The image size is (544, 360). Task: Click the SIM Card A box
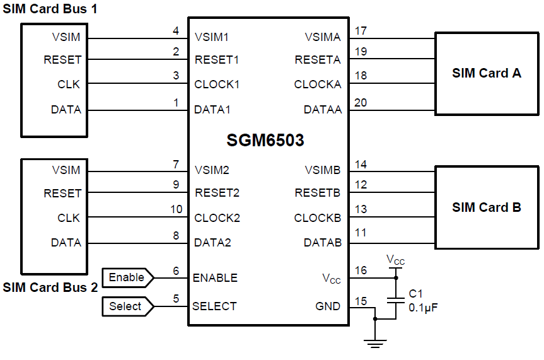click(486, 73)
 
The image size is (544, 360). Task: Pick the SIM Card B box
click(486, 207)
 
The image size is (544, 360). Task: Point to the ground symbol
click(375, 343)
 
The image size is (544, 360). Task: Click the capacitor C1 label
click(416, 294)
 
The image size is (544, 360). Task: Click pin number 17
click(361, 30)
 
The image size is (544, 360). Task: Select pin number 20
click(361, 103)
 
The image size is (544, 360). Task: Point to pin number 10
click(177, 209)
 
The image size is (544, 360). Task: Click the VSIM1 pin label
click(212, 37)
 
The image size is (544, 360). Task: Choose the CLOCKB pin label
click(317, 218)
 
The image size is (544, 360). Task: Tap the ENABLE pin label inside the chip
click(215, 278)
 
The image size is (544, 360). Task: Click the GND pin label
click(328, 306)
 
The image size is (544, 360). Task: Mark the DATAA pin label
click(323, 110)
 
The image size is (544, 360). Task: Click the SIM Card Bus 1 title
click(50, 9)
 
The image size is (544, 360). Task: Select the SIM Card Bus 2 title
click(50, 287)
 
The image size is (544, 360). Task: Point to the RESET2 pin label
click(217, 193)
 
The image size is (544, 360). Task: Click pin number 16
click(361, 270)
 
